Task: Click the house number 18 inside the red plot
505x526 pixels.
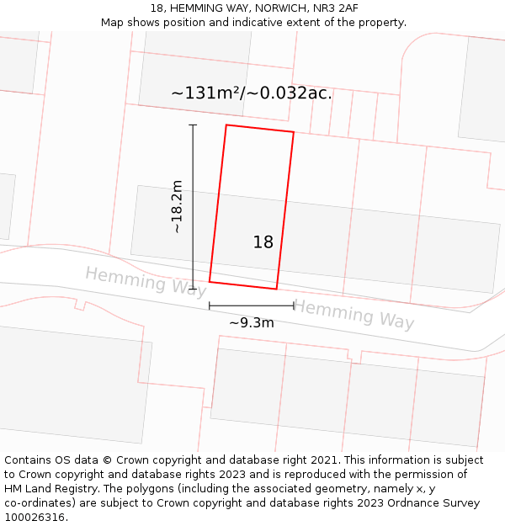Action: pyautogui.click(x=263, y=242)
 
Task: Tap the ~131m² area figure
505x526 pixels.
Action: pyautogui.click(x=206, y=93)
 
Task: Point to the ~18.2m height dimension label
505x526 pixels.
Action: pyautogui.click(x=177, y=207)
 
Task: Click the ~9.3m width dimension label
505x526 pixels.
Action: pyautogui.click(x=252, y=322)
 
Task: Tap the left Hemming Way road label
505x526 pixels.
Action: pyautogui.click(x=146, y=280)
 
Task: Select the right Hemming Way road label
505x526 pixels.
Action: pyautogui.click(x=353, y=314)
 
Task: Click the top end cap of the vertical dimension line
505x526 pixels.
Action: pyautogui.click(x=193, y=125)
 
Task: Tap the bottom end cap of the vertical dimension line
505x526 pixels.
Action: pyautogui.click(x=193, y=289)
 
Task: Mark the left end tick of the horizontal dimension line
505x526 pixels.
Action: pyautogui.click(x=210, y=306)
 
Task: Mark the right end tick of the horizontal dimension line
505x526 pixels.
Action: pyautogui.click(x=294, y=306)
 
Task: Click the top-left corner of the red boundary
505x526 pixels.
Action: pyautogui.click(x=226, y=125)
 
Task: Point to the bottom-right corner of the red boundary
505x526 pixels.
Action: pyautogui.click(x=277, y=289)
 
